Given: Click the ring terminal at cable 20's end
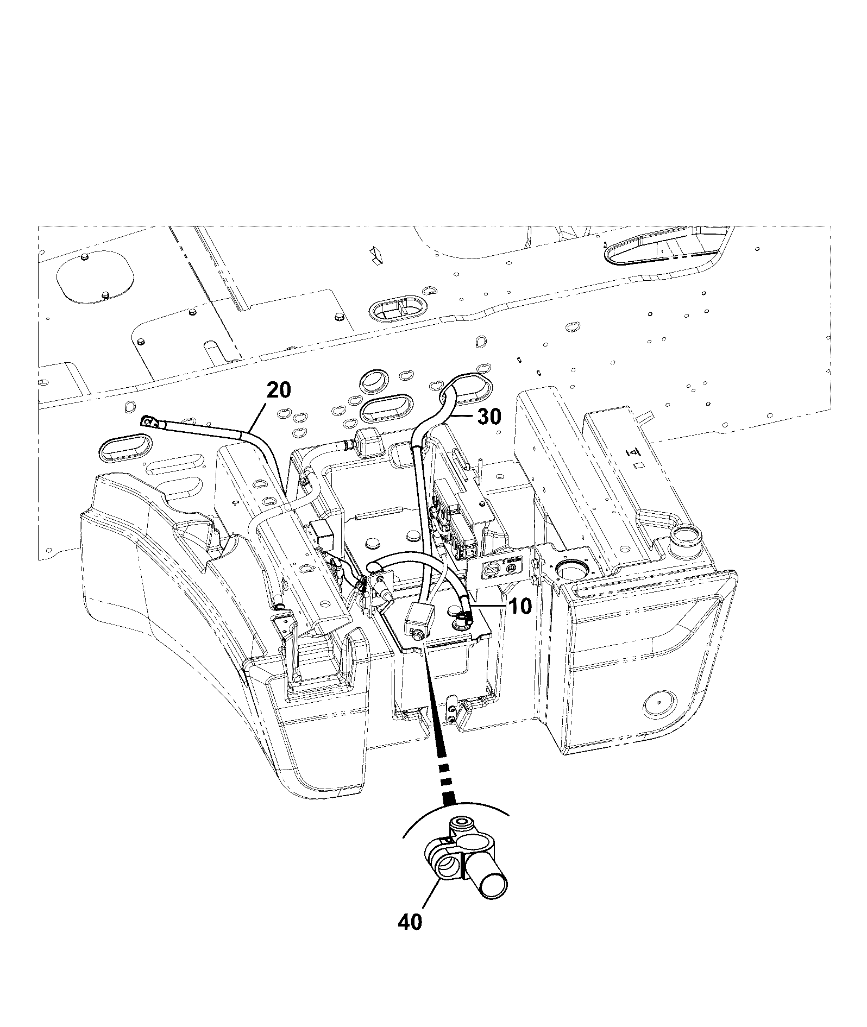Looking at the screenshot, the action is coord(149,421).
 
